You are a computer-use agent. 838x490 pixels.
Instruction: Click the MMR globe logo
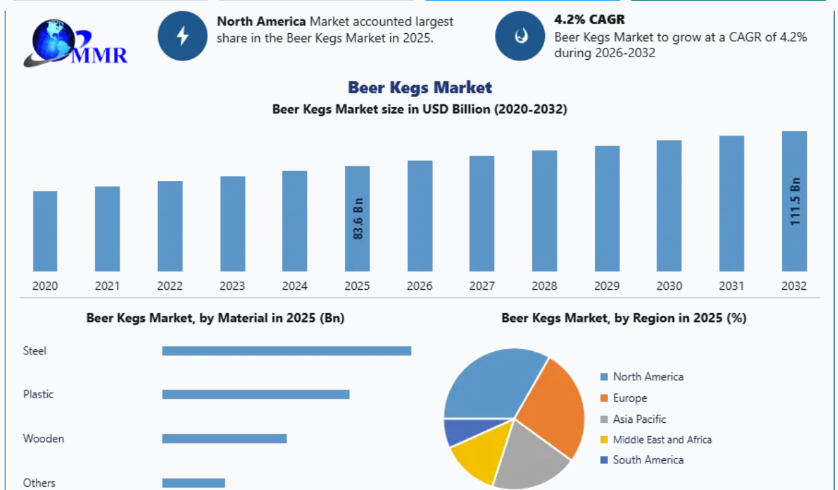(76, 43)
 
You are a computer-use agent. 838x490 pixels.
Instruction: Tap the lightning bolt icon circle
(183, 36)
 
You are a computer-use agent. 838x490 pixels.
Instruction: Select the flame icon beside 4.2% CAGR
(520, 36)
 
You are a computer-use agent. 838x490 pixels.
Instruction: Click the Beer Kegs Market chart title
(420, 88)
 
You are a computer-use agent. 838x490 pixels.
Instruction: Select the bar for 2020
(45, 231)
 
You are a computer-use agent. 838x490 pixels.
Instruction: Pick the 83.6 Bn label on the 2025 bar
(358, 219)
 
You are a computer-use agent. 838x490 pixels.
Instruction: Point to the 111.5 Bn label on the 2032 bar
(795, 201)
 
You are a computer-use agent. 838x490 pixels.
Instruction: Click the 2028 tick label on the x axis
(544, 286)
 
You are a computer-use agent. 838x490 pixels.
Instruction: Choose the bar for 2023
(233, 224)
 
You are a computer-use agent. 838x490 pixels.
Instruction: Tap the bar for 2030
(669, 206)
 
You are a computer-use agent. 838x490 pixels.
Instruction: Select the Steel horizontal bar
(286, 351)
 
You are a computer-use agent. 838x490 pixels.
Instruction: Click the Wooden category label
(43, 438)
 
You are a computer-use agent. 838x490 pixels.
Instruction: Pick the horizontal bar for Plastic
(256, 394)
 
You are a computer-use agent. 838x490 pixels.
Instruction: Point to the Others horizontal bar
(193, 483)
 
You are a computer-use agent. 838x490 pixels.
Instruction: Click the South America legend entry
(642, 460)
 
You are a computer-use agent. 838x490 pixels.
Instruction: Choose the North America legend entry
(642, 376)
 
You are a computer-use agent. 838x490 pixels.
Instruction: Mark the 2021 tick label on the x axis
(108, 286)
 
